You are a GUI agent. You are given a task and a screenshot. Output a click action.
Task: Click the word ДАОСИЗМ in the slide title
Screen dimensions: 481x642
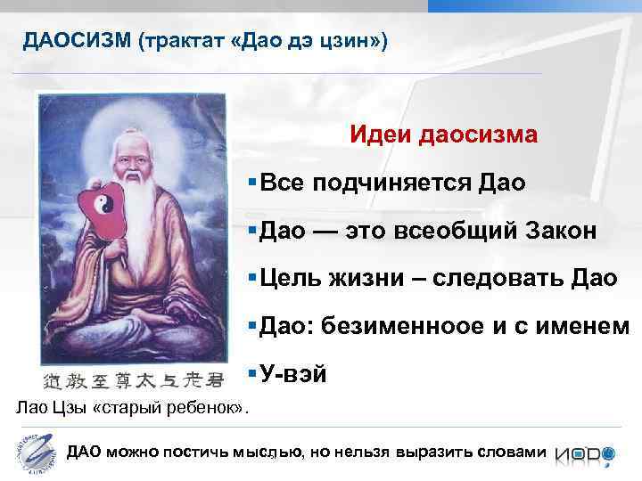tap(77, 42)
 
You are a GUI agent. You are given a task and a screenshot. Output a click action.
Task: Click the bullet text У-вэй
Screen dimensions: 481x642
tap(294, 375)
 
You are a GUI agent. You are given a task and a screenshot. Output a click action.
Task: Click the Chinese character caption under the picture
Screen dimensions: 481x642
tap(128, 380)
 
